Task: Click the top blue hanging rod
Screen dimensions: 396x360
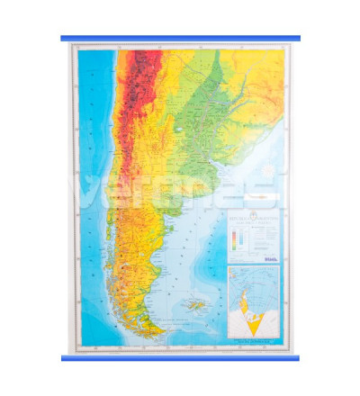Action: tap(180, 39)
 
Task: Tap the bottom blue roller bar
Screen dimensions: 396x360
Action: tap(180, 357)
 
